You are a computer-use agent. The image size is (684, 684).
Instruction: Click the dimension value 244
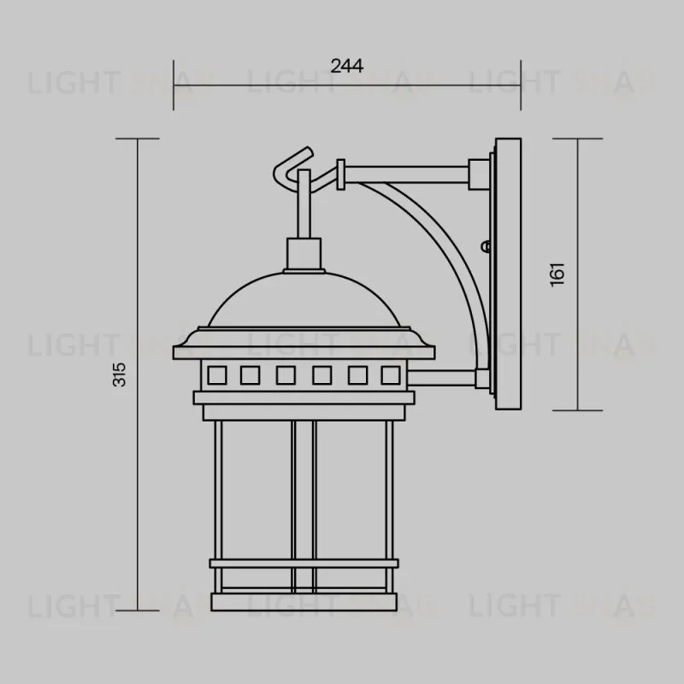pyautogui.click(x=347, y=66)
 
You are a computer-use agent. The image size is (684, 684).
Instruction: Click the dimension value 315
pyautogui.click(x=121, y=374)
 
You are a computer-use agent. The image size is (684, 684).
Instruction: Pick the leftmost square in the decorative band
pyautogui.click(x=215, y=374)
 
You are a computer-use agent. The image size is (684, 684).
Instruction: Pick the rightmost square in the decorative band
pyautogui.click(x=390, y=374)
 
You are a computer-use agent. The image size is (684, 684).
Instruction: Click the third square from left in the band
pyautogui.click(x=286, y=374)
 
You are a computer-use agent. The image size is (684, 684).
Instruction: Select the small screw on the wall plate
pyautogui.click(x=487, y=247)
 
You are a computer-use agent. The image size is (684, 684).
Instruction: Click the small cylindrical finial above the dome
pyautogui.click(x=300, y=253)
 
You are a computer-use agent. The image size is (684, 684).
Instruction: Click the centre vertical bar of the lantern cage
pyautogui.click(x=304, y=504)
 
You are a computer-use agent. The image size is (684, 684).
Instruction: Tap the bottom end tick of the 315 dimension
pyautogui.click(x=137, y=610)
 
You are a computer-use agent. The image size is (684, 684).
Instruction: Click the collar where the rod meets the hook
pyautogui.click(x=342, y=174)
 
